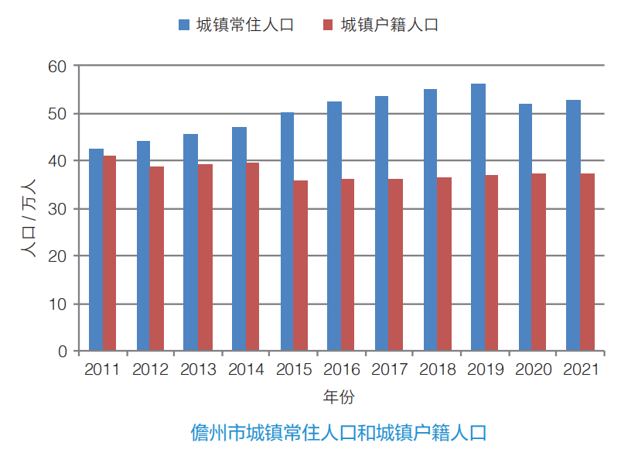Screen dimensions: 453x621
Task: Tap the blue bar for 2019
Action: [x=478, y=217]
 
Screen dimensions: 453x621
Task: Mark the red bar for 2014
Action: [x=253, y=256]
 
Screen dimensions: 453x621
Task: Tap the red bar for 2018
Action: [x=444, y=264]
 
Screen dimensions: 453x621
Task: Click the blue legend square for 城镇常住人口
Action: [x=184, y=25]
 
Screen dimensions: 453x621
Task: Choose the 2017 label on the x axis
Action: [x=389, y=369]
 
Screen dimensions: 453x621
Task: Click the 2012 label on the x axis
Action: [x=150, y=369]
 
